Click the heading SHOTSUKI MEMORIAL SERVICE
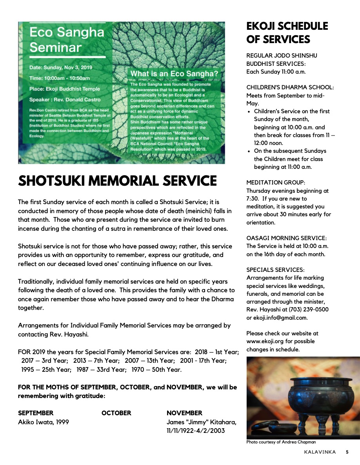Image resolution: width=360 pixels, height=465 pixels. click(117, 181)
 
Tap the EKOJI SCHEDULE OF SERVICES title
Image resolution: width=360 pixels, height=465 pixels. click(287, 33)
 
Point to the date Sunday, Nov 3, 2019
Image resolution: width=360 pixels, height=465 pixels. click(61, 67)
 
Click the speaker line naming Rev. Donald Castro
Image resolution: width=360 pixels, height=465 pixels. click(65, 99)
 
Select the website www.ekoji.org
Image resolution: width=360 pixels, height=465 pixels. click(265, 341)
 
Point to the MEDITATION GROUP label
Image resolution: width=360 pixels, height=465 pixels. click(276, 183)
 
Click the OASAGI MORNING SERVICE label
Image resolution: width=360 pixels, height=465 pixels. click(286, 238)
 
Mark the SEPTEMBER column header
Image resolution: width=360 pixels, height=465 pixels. click(36, 413)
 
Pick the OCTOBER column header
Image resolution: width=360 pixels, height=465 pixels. click(116, 413)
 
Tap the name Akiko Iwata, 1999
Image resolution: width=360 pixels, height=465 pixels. click(44, 422)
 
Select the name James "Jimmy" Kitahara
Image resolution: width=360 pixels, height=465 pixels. click(202, 422)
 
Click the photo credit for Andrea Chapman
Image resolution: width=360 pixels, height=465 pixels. click(281, 442)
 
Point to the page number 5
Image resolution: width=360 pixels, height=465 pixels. click(347, 452)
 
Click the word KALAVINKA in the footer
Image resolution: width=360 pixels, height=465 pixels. click(320, 452)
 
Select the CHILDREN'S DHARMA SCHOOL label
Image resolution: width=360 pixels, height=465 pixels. click(290, 87)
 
